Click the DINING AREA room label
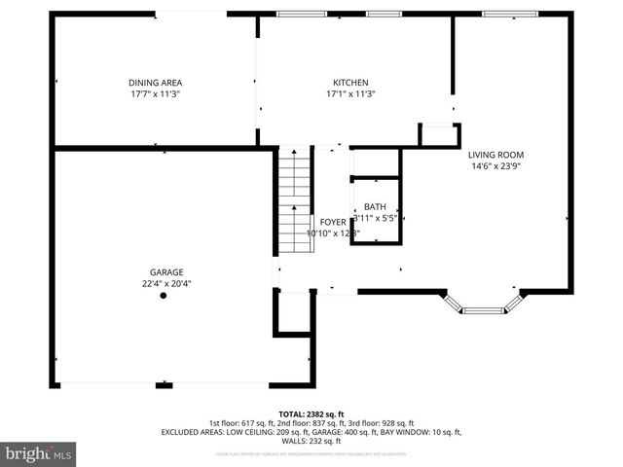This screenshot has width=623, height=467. pyautogui.click(x=156, y=83)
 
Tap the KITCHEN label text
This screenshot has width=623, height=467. pyautogui.click(x=350, y=83)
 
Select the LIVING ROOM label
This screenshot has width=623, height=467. pyautogui.click(x=496, y=155)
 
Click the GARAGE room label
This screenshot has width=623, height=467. pyautogui.click(x=166, y=272)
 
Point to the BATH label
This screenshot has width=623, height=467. pyautogui.click(x=376, y=207)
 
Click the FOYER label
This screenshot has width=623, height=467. pyautogui.click(x=319, y=223)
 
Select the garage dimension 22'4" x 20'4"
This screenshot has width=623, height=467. pyautogui.click(x=166, y=283)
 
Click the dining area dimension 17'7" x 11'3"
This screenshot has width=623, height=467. pyautogui.click(x=156, y=94)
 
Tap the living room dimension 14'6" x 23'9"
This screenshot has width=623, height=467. pyautogui.click(x=496, y=166)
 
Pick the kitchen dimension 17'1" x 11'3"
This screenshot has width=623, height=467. pyautogui.click(x=350, y=94)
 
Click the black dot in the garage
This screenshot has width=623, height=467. pyautogui.click(x=164, y=296)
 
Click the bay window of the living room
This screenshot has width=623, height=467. pyautogui.click(x=484, y=308)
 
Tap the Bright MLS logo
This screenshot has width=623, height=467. pyautogui.click(x=39, y=453)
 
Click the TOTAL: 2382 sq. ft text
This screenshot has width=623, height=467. pyautogui.click(x=311, y=413)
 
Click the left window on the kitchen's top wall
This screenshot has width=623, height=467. pyautogui.click(x=289, y=14)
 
